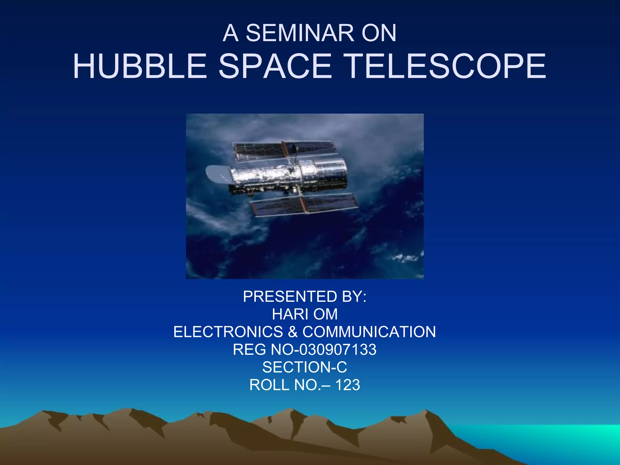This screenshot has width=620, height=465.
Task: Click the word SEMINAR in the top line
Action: [300, 33]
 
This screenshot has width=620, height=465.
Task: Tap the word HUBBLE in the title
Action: [140, 66]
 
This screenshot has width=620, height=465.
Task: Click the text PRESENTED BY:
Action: [305, 296]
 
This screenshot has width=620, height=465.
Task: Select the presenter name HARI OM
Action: [305, 314]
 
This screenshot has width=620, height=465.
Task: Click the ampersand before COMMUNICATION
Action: [293, 332]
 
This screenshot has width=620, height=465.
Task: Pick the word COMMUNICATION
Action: [369, 332]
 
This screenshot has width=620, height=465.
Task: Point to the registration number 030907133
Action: [338, 350]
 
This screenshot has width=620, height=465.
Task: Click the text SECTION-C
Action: [305, 367]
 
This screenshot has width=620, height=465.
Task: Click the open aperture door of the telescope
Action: [217, 174]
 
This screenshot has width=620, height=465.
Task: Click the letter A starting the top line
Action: [230, 33]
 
